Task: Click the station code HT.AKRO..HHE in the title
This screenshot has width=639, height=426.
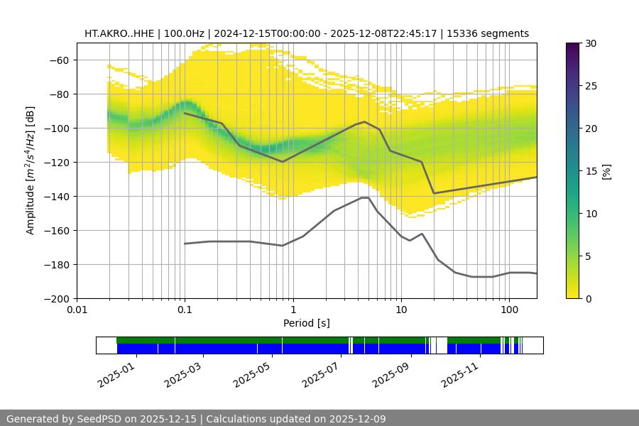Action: click(x=117, y=33)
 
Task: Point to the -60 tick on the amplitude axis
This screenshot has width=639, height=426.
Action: click(x=58, y=60)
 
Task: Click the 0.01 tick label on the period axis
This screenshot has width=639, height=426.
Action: click(x=77, y=310)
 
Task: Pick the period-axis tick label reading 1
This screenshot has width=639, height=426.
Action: click(x=293, y=310)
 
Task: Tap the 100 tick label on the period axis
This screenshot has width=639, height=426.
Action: click(x=508, y=310)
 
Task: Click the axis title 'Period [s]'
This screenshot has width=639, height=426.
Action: click(x=306, y=323)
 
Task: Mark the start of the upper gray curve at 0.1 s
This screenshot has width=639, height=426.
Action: click(x=185, y=113)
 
